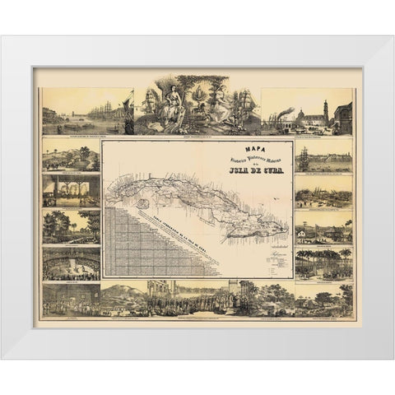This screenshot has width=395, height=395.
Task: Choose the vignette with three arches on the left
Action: pos(71,191)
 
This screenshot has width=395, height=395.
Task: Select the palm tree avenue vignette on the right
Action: pos(324,265)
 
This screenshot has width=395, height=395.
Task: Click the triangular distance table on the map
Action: pos(136,243)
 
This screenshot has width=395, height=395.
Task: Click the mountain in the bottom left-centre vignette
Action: pos(123,292)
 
